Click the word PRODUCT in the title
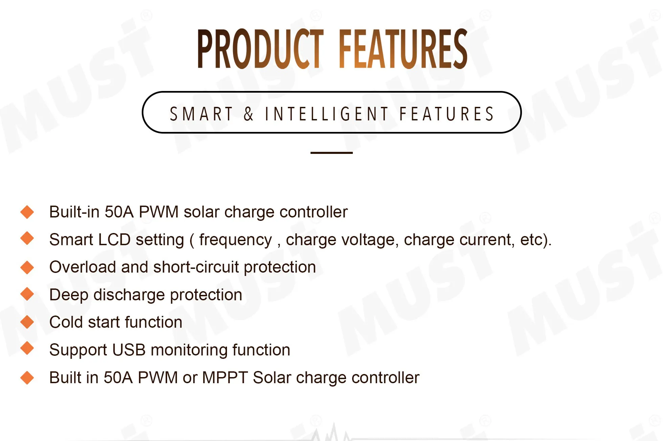coord(261,49)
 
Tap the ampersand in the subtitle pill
coord(249,114)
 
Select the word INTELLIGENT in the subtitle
coord(326,114)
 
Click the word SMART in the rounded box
coord(201,114)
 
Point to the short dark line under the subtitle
coord(331,153)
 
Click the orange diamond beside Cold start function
coord(27,322)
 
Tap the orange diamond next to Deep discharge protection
coord(27,294)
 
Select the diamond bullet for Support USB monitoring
coord(27,348)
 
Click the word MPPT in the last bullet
coord(225,377)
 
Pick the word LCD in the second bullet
coord(114,239)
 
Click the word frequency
coord(235,240)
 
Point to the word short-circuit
coord(196,267)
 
